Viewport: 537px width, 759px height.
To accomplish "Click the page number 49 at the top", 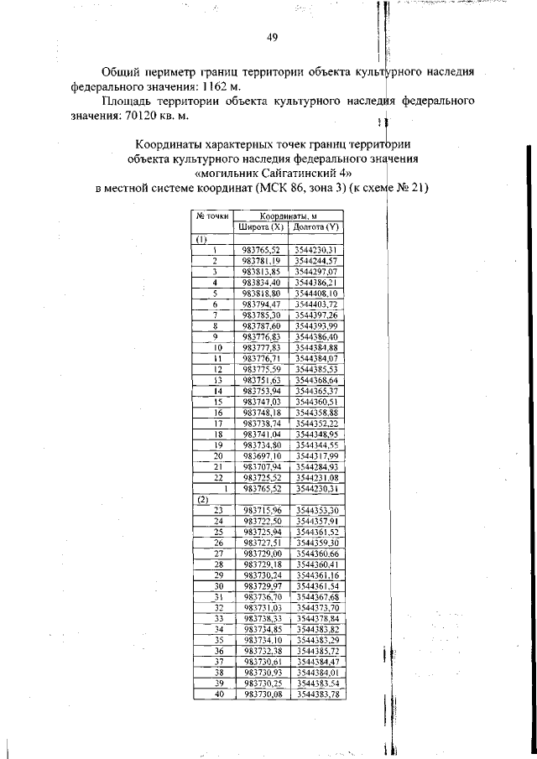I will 272,37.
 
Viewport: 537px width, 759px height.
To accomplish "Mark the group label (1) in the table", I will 201,239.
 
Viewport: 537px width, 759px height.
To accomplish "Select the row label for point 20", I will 216,455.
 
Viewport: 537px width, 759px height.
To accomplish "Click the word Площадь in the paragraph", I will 125,101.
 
